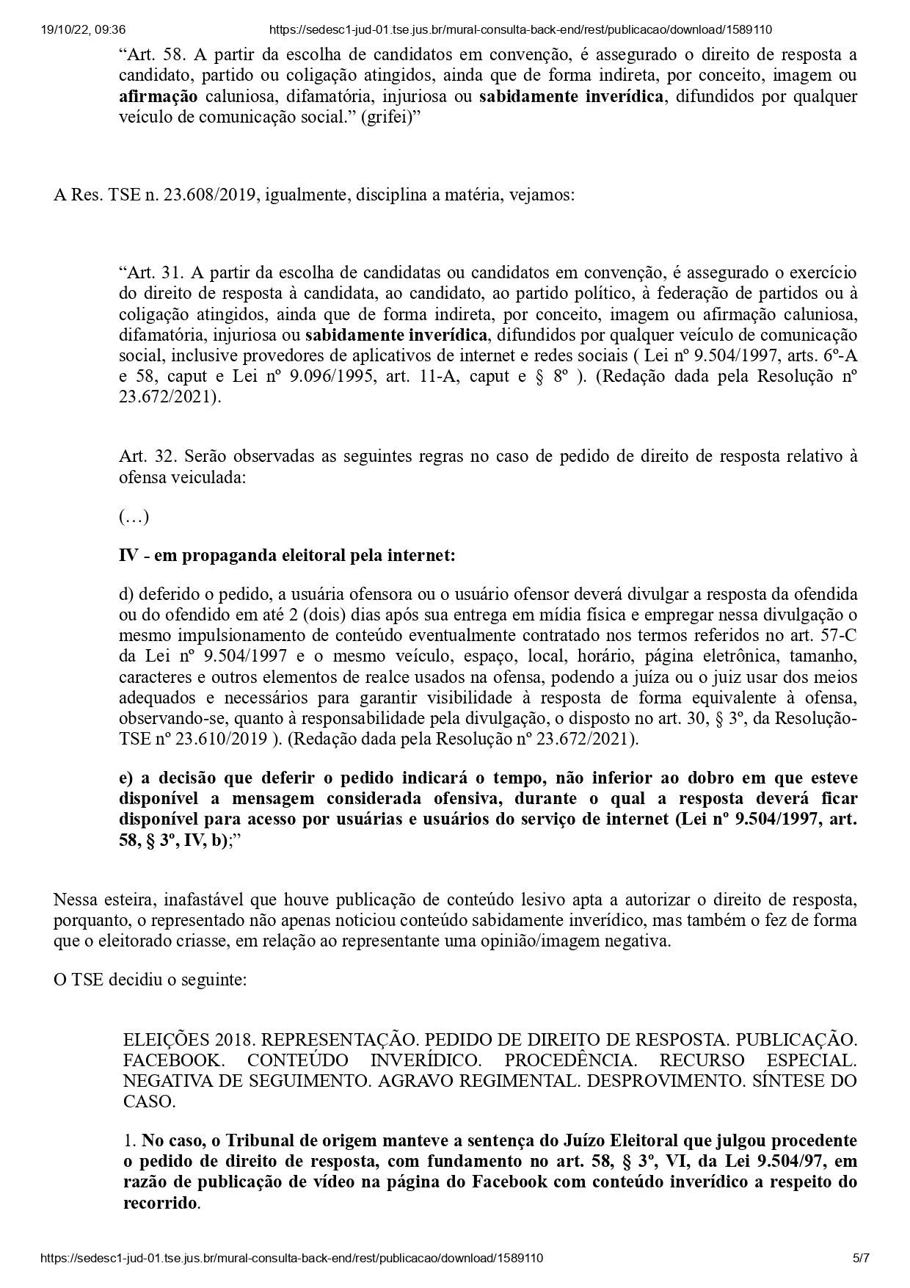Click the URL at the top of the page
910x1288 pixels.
[x=520, y=30]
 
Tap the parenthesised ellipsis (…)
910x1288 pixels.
[x=134, y=517]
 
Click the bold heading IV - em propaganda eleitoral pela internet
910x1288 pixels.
[x=287, y=556]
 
